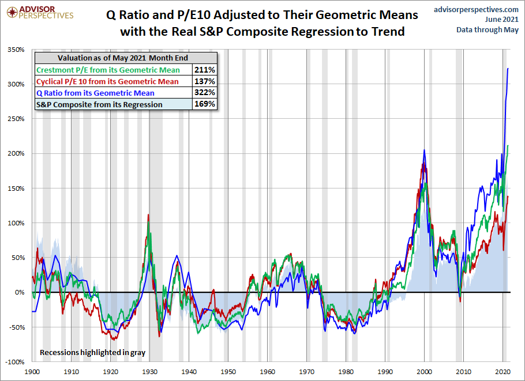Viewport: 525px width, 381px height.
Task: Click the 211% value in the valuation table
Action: click(206, 70)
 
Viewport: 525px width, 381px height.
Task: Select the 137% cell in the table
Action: click(206, 81)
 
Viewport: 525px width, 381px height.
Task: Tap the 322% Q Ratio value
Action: click(206, 93)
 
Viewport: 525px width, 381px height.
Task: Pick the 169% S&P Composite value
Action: click(206, 104)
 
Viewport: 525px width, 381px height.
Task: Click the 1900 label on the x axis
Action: click(32, 372)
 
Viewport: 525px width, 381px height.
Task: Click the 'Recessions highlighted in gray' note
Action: click(92, 352)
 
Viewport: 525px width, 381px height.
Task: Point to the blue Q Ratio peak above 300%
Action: click(508, 69)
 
